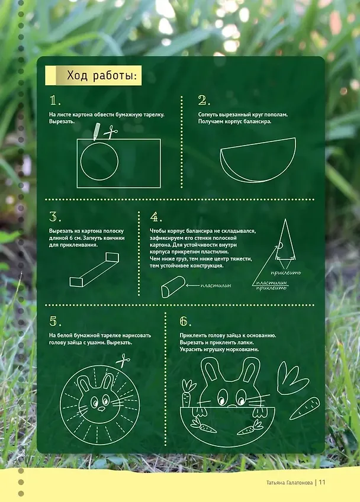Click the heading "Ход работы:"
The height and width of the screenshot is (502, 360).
tap(102, 76)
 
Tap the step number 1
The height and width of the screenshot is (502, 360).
tap(55, 101)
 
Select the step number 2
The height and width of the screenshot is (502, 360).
tap(204, 101)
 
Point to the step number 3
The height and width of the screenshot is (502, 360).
tap(55, 217)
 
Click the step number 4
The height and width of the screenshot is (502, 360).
tap(156, 217)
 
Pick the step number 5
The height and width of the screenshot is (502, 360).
tap(55, 321)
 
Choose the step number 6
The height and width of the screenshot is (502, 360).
tap(185, 321)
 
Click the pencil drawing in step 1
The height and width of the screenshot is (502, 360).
tap(97, 131)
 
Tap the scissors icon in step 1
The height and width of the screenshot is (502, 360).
tap(111, 131)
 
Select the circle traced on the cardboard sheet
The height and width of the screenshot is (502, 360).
tap(81, 161)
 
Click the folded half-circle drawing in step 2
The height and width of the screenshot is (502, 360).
tap(258, 159)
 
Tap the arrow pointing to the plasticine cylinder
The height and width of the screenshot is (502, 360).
tap(192, 285)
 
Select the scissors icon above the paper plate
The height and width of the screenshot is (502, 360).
tap(123, 361)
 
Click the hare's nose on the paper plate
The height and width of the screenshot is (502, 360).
tap(101, 409)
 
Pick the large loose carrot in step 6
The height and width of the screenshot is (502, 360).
tap(304, 408)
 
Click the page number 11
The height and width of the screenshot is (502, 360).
tap(322, 482)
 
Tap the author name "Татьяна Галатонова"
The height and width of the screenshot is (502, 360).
tap(290, 482)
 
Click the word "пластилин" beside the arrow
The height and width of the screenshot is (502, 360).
tap(216, 285)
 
